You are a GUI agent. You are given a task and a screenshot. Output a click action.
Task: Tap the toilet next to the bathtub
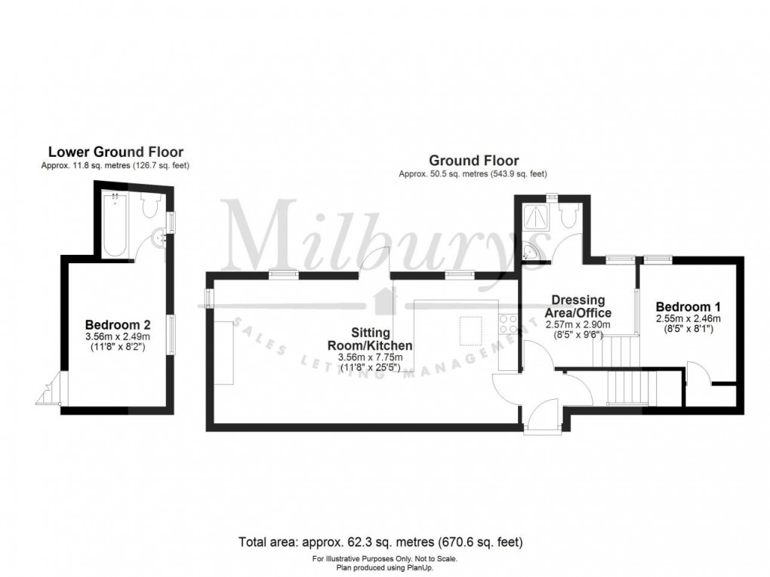coord(148,204)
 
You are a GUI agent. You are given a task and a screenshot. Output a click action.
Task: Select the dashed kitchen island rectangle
coord(473,330)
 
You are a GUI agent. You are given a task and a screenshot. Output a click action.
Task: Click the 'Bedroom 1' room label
coord(688,307)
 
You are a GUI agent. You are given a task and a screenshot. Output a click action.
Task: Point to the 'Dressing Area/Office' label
coord(579,306)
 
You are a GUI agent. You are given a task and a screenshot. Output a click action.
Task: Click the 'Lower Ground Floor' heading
coord(115,152)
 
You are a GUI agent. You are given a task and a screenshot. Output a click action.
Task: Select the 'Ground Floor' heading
coord(473,160)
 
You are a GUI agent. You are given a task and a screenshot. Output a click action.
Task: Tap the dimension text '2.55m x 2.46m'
coord(688,318)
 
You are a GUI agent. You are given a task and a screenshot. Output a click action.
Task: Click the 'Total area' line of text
coord(380,542)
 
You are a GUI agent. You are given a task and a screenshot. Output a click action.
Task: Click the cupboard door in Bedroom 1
coord(697,375)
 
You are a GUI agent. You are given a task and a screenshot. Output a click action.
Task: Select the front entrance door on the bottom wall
coord(541,419)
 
